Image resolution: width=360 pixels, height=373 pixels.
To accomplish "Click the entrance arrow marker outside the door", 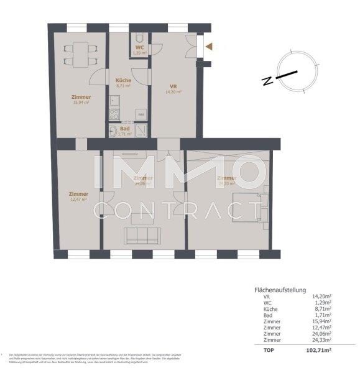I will [210, 46].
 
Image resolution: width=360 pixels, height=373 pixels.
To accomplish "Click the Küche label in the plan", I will [122, 80].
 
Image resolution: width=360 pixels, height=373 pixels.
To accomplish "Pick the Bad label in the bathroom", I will [125, 128].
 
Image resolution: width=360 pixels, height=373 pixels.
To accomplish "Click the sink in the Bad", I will [114, 131].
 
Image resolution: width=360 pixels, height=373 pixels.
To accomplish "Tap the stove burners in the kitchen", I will [114, 114].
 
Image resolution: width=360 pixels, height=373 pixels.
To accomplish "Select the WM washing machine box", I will [141, 115].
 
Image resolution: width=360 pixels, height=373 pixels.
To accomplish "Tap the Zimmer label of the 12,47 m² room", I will [79, 193].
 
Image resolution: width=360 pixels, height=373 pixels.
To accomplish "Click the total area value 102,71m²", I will [316, 351].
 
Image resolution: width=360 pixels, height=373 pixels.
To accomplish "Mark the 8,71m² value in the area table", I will [321, 308].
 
